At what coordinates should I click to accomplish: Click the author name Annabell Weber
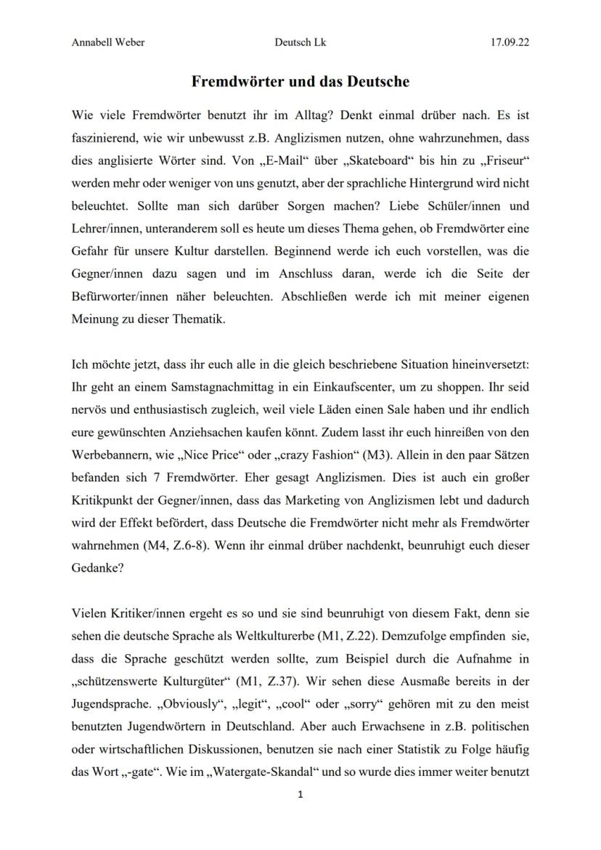(x=108, y=42)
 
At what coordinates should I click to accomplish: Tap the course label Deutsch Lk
(x=300, y=42)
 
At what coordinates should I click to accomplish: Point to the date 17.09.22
(x=510, y=42)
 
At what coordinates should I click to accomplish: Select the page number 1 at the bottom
(x=300, y=795)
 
